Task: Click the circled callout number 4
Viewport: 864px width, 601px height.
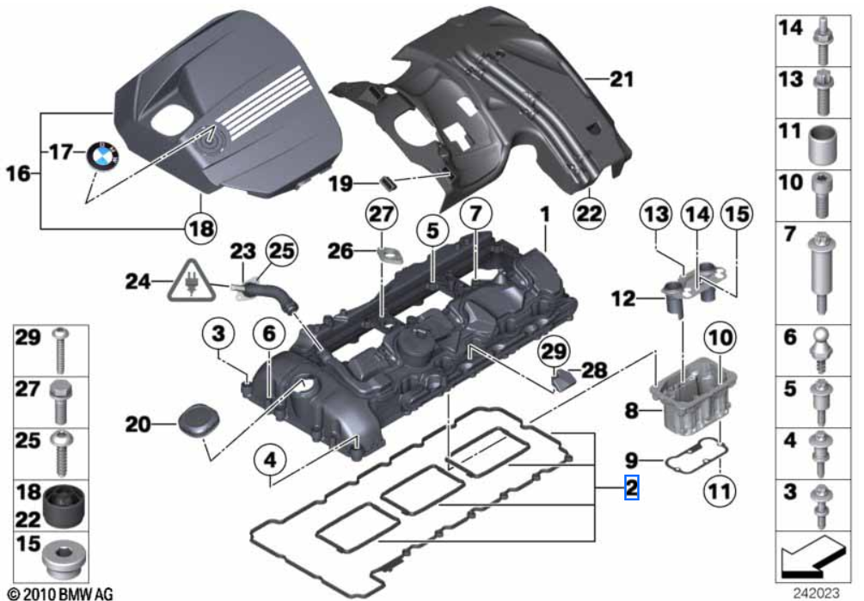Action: [x=270, y=462]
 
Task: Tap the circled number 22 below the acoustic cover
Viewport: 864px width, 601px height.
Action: [x=591, y=210]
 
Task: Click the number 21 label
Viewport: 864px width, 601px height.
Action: [x=622, y=81]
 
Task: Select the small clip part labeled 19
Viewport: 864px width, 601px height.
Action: [x=386, y=182]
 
